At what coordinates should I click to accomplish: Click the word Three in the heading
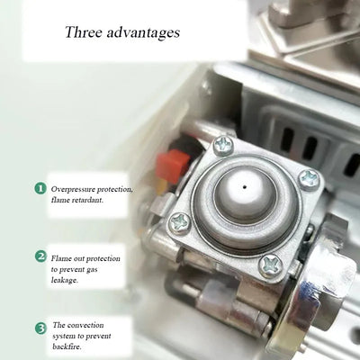[83, 32]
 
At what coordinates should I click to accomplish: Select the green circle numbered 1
[40, 188]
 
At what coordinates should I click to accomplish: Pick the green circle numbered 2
[40, 256]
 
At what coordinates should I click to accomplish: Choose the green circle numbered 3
[40, 328]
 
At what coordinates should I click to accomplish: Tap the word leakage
[70, 281]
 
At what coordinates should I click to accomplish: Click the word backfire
[71, 348]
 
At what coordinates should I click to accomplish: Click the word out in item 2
[87, 256]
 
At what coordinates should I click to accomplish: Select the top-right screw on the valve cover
[309, 177]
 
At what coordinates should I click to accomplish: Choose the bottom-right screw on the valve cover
[271, 265]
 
